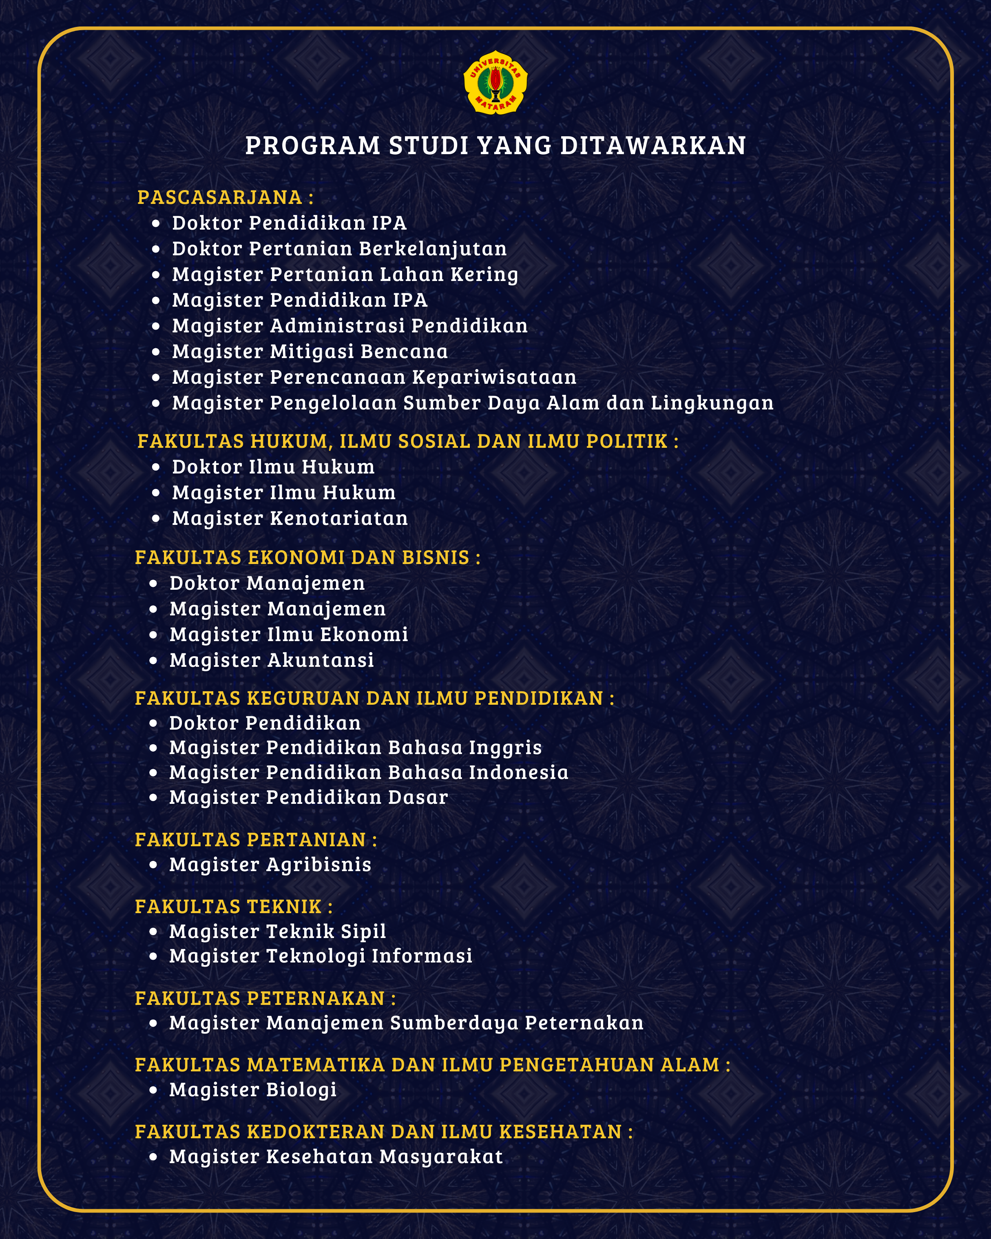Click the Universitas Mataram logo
pos(495,83)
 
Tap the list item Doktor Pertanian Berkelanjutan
pos(339,249)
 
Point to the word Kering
pos(484,275)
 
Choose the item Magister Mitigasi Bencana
pos(310,352)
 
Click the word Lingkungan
pos(712,403)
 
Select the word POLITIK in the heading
pos(626,441)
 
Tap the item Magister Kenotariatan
pos(290,518)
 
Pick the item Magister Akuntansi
pos(271,660)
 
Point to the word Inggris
pos(505,748)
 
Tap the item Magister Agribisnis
pos(270,865)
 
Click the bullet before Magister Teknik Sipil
pos(153,931)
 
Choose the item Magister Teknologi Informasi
pos(321,956)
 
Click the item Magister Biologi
pos(253,1090)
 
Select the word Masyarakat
pos(441,1156)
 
